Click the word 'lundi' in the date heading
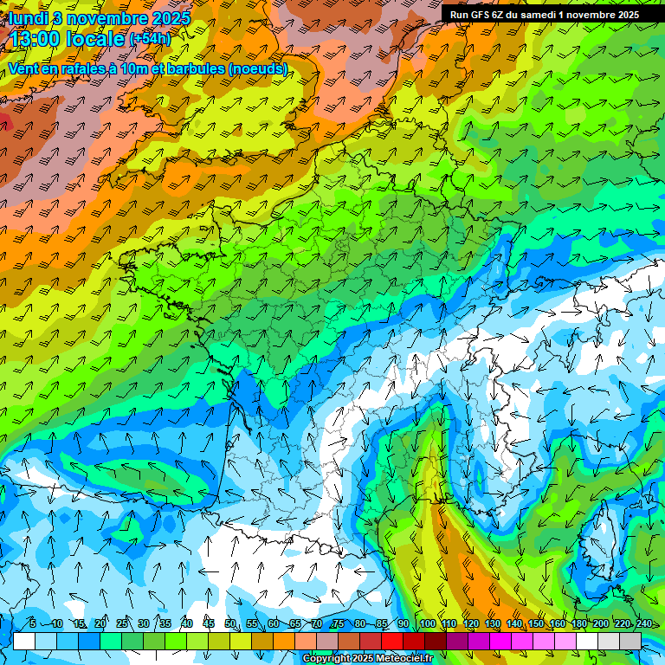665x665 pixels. pos(29,17)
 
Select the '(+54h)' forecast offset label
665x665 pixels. pos(150,39)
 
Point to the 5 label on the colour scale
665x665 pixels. pos(33,623)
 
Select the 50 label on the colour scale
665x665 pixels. pos(230,623)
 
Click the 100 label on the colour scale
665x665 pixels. pos(427,623)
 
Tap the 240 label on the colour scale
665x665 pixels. pos(643,623)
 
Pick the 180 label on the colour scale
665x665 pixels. pos(578,623)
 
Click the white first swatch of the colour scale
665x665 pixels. pos(24,641)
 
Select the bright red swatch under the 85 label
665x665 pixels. pos(392,641)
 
